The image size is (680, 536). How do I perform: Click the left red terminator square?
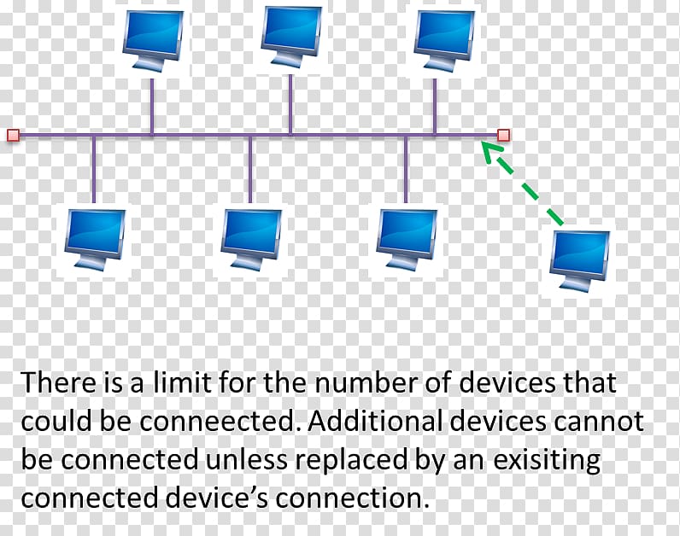pyautogui.click(x=14, y=135)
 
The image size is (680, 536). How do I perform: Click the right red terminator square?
pyautogui.click(x=503, y=135)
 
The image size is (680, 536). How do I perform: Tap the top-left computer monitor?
pyautogui.click(x=153, y=40)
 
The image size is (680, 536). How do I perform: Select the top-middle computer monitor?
pyautogui.click(x=291, y=37)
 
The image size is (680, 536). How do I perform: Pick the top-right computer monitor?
pyautogui.click(x=443, y=40)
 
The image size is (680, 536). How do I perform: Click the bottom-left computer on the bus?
pyautogui.click(x=95, y=241)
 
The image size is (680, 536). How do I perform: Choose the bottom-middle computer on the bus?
pyautogui.click(x=250, y=241)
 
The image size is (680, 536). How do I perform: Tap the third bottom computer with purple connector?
pyautogui.click(x=407, y=241)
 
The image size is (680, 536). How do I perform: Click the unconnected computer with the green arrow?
pyautogui.click(x=579, y=261)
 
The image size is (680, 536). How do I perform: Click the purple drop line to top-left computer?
pyautogui.click(x=152, y=107)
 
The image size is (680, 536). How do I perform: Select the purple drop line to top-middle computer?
pyautogui.click(x=290, y=105)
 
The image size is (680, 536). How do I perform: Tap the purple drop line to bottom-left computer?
pyautogui.click(x=94, y=169)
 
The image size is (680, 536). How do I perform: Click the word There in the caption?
pyautogui.click(x=59, y=382)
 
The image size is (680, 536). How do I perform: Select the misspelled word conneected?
pyautogui.click(x=217, y=421)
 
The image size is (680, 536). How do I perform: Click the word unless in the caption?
pyautogui.click(x=246, y=459)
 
